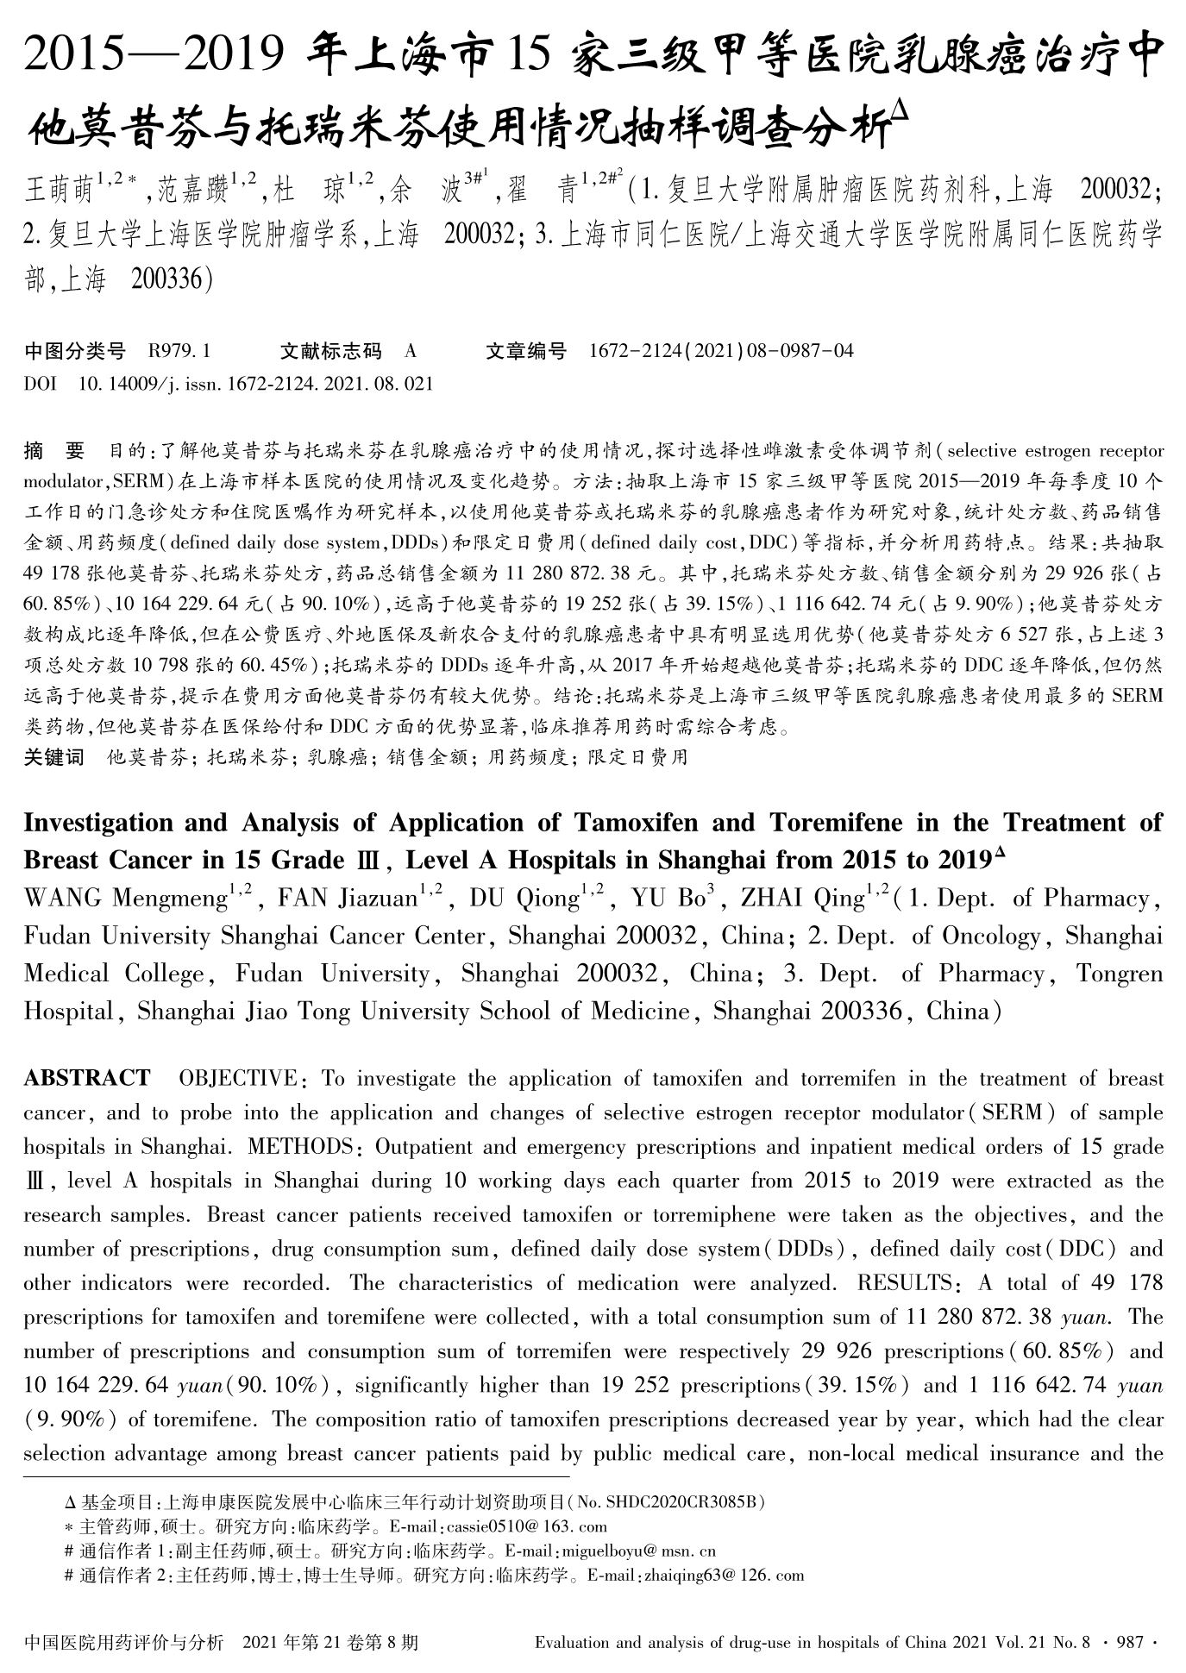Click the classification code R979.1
point(179,351)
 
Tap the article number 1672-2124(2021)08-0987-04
point(721,351)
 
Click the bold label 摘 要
point(55,450)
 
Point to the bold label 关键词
point(53,758)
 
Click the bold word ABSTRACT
point(86,1079)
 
